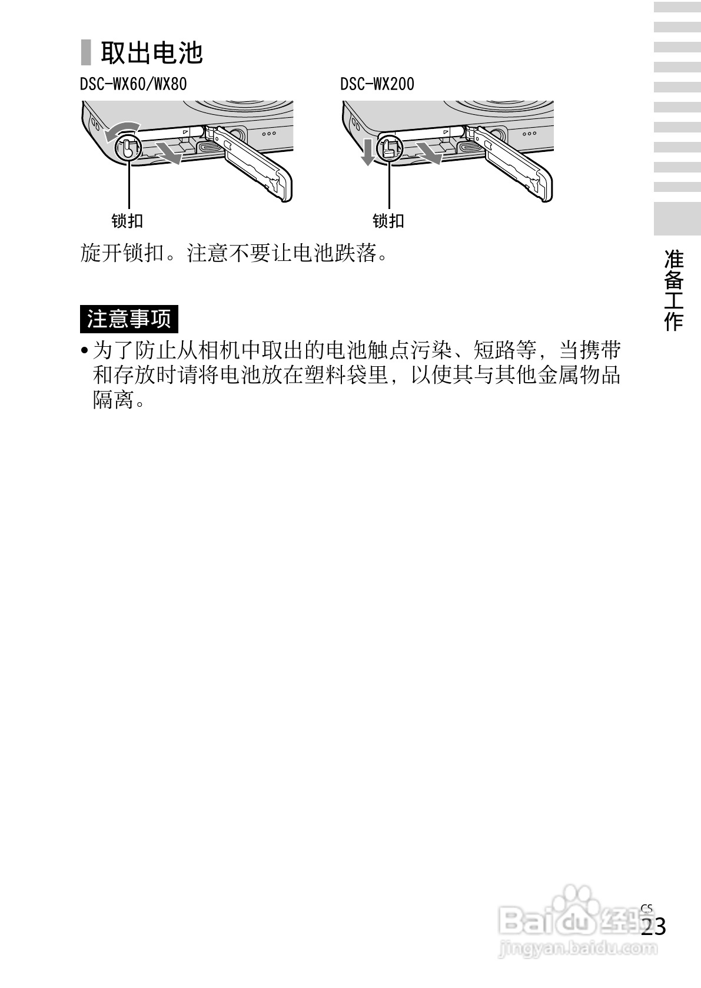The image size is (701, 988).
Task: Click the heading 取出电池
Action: pyautogui.click(x=151, y=52)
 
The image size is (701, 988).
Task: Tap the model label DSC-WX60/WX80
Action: pyautogui.click(x=133, y=84)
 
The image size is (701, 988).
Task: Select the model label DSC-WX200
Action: pyautogui.click(x=377, y=84)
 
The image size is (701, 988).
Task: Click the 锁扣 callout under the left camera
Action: pyautogui.click(x=127, y=221)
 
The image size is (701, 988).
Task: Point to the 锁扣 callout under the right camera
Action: pyautogui.click(x=388, y=221)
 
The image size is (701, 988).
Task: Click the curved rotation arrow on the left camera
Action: pyautogui.click(x=121, y=130)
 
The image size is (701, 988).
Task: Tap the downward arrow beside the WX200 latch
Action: pyautogui.click(x=368, y=152)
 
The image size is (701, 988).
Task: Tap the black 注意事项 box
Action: pyautogui.click(x=129, y=319)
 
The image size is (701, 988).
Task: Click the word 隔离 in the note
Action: pyautogui.click(x=113, y=401)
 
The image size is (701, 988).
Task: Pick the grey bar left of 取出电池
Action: pyautogui.click(x=86, y=52)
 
